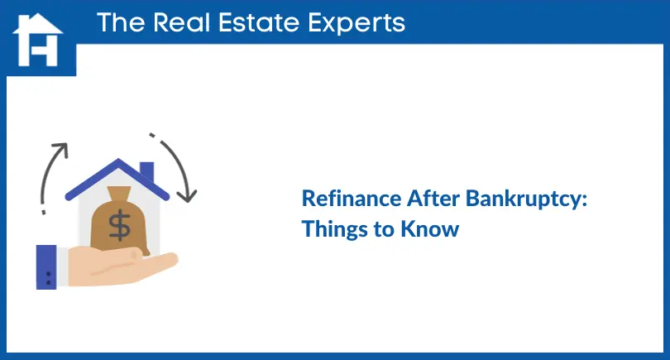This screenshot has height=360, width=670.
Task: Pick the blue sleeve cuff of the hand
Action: pyautogui.click(x=46, y=266)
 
